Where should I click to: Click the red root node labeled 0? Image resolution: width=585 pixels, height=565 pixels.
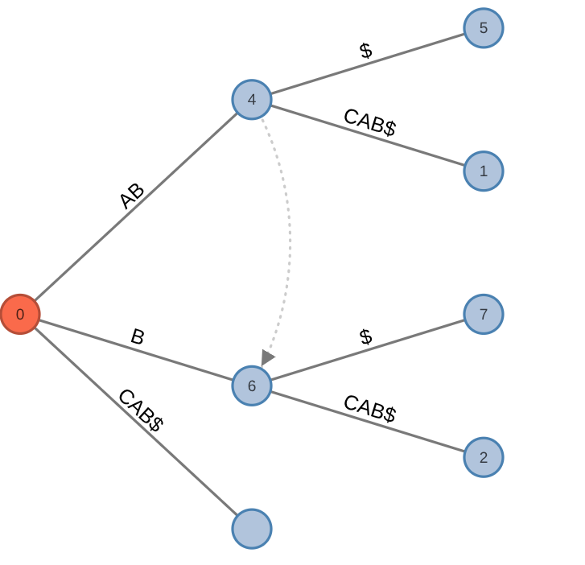(20, 314)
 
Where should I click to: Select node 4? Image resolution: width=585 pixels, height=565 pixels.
(252, 100)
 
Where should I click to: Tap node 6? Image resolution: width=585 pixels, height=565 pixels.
(252, 386)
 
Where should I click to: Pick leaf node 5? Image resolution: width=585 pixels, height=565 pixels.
(484, 28)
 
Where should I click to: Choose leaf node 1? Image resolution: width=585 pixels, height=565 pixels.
(484, 171)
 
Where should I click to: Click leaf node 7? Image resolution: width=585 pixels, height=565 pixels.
(484, 314)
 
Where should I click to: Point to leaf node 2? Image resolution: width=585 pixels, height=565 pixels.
(484, 457)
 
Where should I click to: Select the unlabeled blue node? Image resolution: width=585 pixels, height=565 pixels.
(252, 529)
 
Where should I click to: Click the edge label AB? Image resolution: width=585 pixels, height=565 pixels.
(131, 196)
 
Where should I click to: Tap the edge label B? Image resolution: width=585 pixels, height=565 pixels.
(138, 337)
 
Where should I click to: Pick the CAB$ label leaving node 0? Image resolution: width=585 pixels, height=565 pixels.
(141, 410)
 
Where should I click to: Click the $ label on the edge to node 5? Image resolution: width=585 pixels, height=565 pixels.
(366, 51)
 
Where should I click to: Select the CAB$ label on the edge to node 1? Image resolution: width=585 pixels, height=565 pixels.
(369, 122)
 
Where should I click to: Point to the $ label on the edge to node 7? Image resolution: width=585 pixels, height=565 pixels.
(366, 337)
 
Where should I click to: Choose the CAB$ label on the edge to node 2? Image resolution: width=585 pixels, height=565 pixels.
(369, 408)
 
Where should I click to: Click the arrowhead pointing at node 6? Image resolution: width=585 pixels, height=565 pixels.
(267, 357)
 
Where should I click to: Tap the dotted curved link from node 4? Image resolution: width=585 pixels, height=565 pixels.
(289, 233)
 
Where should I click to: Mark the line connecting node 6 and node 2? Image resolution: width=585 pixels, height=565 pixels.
(322, 407)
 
